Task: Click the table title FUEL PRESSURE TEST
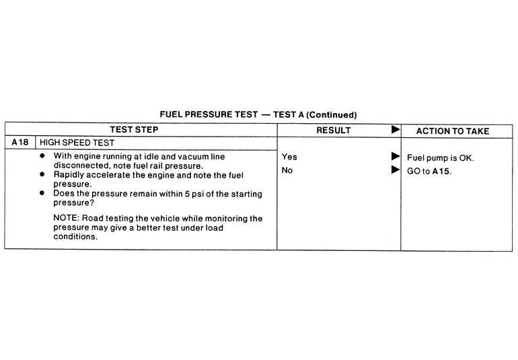208,115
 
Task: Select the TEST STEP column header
135,130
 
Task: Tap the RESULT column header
334,130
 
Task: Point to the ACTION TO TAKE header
452,131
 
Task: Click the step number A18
20,143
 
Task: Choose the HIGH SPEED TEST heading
77,143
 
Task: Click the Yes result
289,157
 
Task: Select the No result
287,170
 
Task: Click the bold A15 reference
441,171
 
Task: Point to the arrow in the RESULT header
396,129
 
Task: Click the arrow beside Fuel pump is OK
396,157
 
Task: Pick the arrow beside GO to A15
396,170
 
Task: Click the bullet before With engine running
43,156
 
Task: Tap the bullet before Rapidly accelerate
43,174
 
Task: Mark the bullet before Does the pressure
43,193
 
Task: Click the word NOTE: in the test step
66,219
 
